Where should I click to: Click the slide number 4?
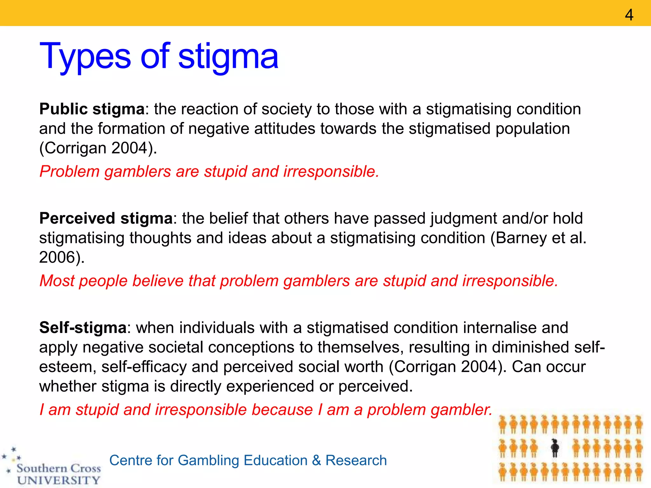coord(629,15)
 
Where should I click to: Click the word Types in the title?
coord(85,57)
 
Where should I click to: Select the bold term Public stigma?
coord(92,109)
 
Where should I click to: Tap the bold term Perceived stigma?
coord(106,218)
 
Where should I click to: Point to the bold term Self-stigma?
coord(83,328)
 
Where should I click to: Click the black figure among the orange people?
coord(555,448)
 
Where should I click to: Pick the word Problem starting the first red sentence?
coord(69,172)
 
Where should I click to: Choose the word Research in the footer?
coord(356,460)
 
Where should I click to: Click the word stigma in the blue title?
coord(228,57)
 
